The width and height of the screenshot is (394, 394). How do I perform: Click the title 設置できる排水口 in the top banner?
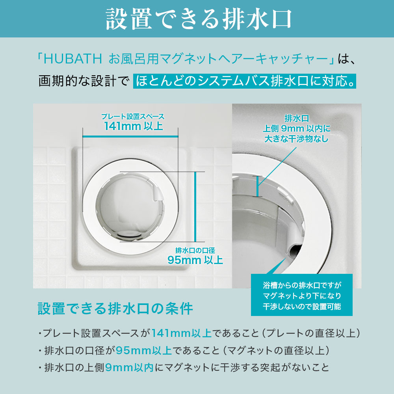198,18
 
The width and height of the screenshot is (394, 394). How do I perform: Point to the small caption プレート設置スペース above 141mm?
132,117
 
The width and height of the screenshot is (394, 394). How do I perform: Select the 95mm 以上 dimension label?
195,260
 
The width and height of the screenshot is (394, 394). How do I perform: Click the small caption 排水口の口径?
195,250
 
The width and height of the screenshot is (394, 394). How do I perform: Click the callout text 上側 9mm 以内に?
297,128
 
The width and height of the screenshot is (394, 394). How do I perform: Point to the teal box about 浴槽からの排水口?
301,295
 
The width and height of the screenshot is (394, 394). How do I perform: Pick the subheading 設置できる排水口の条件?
115,309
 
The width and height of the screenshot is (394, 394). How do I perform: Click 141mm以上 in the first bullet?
181,333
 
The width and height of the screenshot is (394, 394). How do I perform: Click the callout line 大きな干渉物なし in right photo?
297,139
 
